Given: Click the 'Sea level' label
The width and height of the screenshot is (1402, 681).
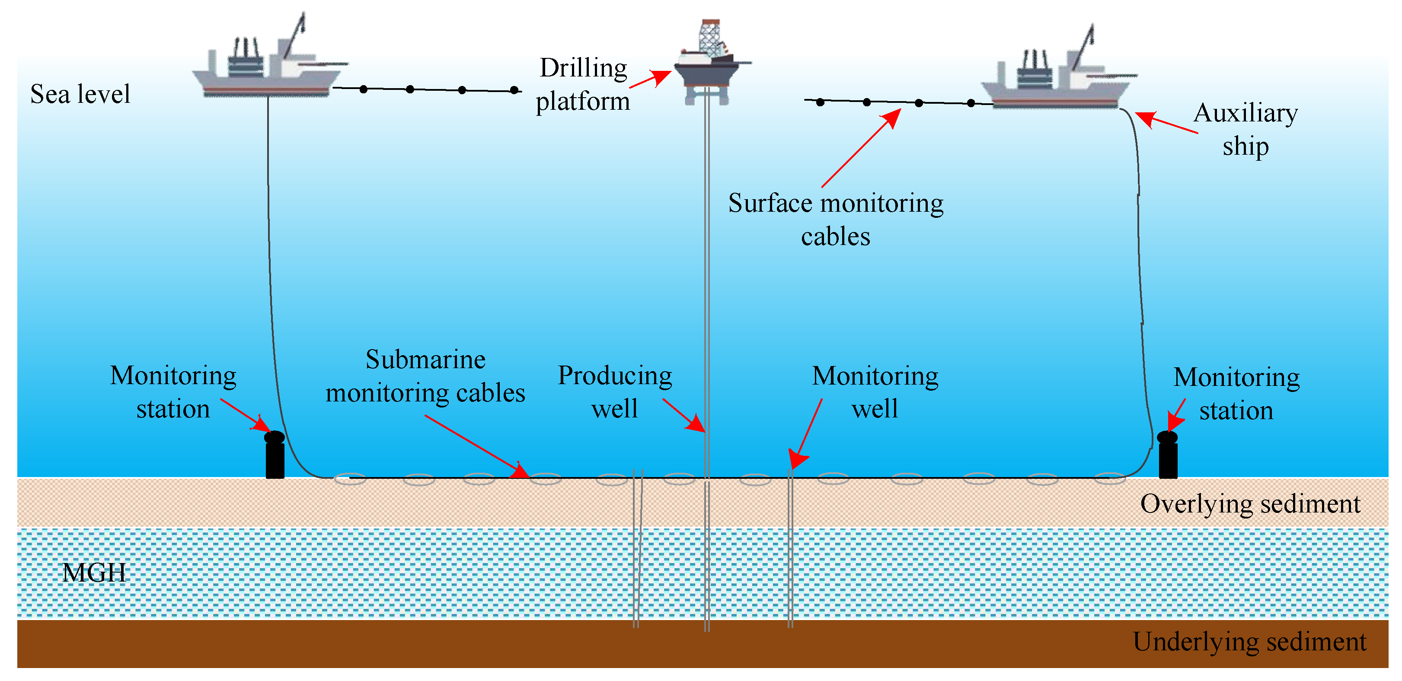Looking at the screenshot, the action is (x=80, y=94).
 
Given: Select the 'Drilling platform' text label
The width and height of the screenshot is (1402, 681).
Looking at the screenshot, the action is (x=583, y=84).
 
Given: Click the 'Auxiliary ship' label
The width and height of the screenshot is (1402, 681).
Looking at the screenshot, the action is (x=1246, y=130).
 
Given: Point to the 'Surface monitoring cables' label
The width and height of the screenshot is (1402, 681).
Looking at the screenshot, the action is (x=836, y=219).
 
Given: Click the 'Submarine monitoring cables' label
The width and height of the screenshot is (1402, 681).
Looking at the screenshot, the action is (x=425, y=376).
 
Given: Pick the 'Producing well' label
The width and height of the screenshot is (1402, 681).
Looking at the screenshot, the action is (x=615, y=391).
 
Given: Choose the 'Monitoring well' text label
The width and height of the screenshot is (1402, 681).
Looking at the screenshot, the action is (x=875, y=391).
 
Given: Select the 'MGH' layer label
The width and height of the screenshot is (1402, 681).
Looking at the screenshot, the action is (x=94, y=572).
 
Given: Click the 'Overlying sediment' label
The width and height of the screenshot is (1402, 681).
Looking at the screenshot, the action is (x=1250, y=504).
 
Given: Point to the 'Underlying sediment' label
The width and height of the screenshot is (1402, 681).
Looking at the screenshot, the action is (x=1249, y=641).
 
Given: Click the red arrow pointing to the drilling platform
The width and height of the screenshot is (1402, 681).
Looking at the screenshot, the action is (x=650, y=79).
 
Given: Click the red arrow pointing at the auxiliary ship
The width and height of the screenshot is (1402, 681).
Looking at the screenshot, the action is (x=1166, y=122).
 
